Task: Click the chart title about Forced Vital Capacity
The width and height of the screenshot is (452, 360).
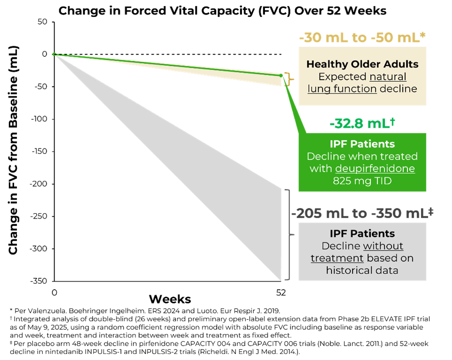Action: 222,11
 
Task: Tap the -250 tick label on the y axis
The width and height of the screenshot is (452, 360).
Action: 39,216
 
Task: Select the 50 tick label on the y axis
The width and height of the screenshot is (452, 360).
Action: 42,22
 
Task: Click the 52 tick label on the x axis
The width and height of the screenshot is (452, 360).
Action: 281,293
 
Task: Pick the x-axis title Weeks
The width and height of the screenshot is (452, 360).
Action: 170,299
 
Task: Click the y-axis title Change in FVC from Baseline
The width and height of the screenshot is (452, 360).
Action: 13,150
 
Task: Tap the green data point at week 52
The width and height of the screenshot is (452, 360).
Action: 281,76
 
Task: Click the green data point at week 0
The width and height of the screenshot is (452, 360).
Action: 54,54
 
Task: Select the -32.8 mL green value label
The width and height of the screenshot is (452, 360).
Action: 362,123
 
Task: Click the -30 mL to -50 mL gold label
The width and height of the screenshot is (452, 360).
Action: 362,38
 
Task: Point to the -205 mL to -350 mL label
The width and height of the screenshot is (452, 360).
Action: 362,213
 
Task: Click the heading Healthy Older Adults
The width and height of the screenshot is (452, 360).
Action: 362,64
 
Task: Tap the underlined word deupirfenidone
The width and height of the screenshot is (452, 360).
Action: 375,169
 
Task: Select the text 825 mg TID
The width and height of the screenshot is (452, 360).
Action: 362,181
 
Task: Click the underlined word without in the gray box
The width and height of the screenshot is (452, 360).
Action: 383,246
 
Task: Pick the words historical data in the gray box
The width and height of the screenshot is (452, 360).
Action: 362,270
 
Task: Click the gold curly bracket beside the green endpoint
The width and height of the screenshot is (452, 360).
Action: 289,79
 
